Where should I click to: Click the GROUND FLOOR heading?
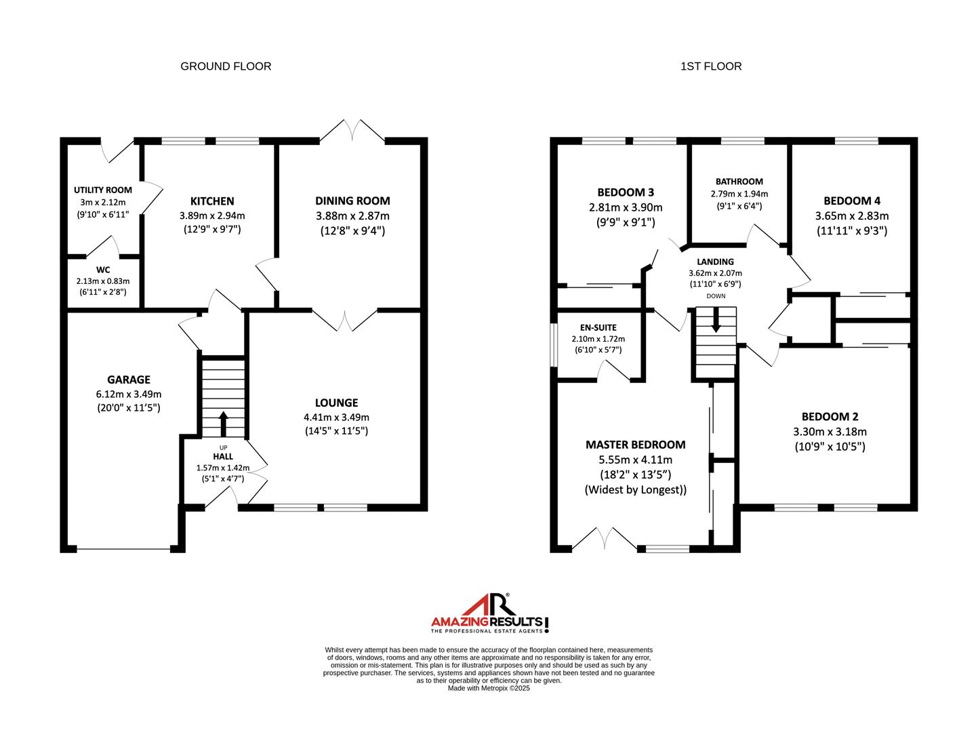pos(226,66)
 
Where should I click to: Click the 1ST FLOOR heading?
pos(711,66)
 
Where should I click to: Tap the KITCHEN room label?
pos(212,201)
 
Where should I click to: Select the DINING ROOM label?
pos(352,201)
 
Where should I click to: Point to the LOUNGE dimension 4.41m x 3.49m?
pos(336,418)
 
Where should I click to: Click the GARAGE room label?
pos(129,380)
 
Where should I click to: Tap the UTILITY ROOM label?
pos(103,190)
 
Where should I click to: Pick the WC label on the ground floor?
pos(103,270)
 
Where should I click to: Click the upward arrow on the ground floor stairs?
pos(223,424)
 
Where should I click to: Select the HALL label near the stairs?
pos(223,457)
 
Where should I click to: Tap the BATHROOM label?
pos(739,182)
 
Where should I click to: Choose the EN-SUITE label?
pos(598,328)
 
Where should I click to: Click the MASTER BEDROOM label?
pos(635,445)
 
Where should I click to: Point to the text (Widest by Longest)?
pos(635,489)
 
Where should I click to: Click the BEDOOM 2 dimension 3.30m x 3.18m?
pos(834,432)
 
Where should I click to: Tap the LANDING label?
pos(715,262)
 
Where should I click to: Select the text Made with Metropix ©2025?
pos(488,688)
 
